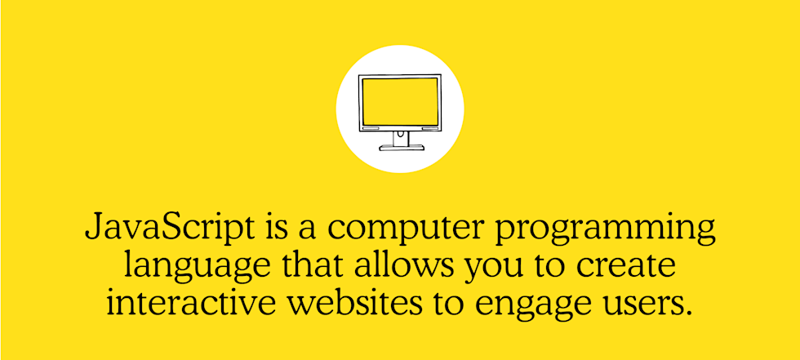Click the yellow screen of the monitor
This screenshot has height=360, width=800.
(x=399, y=102)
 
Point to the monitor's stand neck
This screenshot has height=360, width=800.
(x=400, y=138)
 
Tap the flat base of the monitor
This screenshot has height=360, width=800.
(x=401, y=148)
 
